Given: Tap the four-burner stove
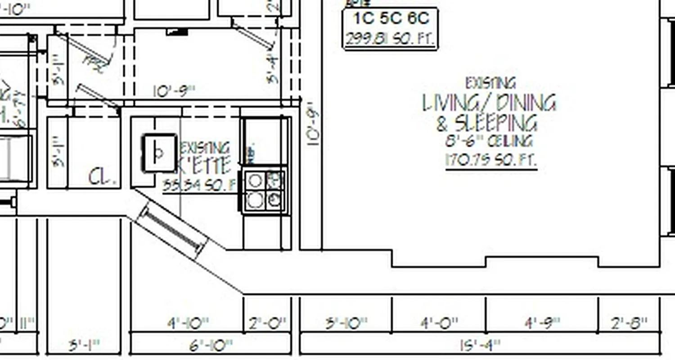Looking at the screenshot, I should coord(265,189).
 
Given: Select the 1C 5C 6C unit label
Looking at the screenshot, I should coord(391,19).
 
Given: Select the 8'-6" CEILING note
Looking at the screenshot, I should coord(489,141).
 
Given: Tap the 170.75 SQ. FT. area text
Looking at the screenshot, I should coord(491,160).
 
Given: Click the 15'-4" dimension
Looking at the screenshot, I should coord(480,346).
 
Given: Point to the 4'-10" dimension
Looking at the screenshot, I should coord(188,323).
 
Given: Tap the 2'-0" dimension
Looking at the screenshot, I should coord(267,323).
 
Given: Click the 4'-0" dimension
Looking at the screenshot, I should coord(439,323).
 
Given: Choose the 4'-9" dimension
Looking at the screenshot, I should coord(542,323).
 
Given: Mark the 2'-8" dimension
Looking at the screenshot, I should coord(629,323).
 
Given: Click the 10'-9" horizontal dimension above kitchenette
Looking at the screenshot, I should coord(174,92).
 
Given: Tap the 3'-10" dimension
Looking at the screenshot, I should coord(346,323).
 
